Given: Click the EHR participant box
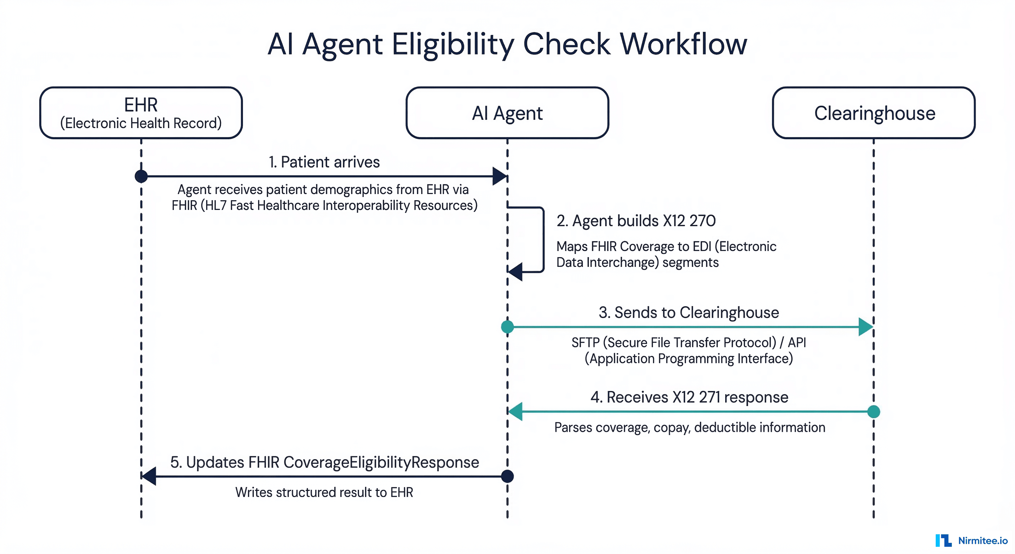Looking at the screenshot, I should tap(141, 113).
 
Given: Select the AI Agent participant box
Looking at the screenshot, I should tap(507, 113).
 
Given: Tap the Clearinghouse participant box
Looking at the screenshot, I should tap(874, 113).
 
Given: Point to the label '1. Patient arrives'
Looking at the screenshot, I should tap(324, 162).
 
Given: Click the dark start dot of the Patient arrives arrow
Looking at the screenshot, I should tap(141, 176).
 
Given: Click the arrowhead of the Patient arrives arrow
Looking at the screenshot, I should tap(500, 176).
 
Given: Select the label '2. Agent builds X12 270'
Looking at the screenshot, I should tap(636, 221).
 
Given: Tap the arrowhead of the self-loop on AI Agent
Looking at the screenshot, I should tap(515, 271).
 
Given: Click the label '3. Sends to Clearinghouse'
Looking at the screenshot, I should tap(689, 312).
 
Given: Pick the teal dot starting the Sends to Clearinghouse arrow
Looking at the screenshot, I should tap(507, 326).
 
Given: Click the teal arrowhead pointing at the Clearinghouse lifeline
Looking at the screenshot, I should tap(866, 326).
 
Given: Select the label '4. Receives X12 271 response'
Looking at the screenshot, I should tap(689, 397).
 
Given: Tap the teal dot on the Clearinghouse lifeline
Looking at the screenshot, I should tap(874, 411).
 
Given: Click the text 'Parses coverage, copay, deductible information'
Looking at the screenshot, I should tap(690, 427).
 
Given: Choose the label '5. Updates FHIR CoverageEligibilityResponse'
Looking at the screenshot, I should tap(324, 462).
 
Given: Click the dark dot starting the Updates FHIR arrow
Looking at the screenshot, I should tap(507, 476).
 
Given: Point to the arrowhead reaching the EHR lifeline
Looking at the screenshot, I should tap(149, 476).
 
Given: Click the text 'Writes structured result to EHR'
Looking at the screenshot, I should tap(324, 492).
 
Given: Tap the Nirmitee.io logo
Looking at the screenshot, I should tap(971, 540).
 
